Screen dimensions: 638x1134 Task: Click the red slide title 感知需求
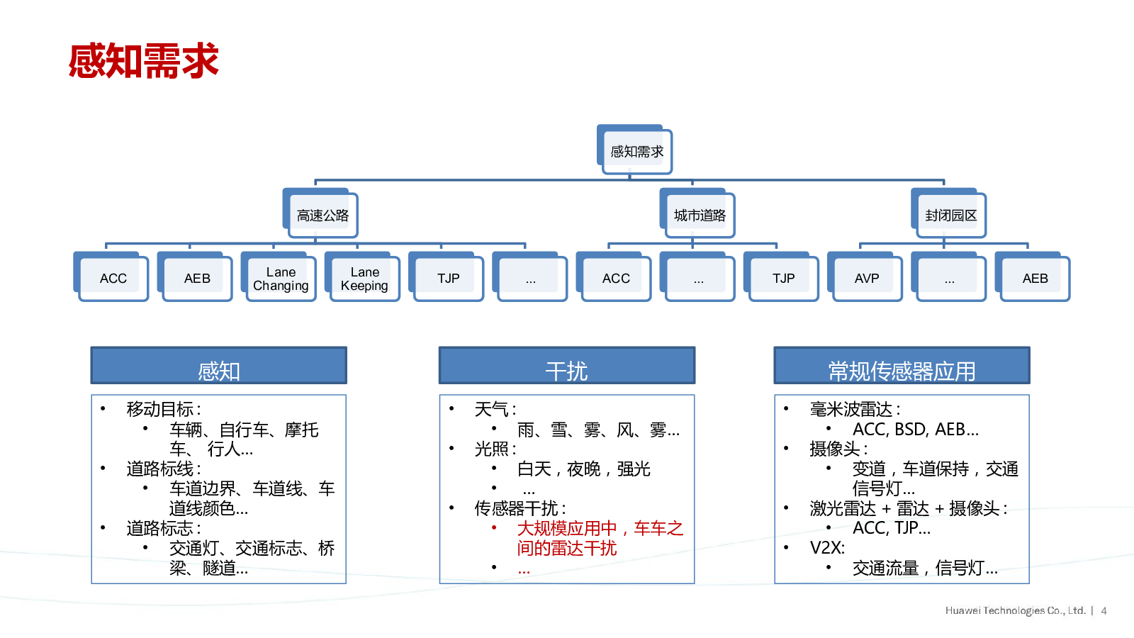(144, 61)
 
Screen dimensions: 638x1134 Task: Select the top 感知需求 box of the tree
(636, 151)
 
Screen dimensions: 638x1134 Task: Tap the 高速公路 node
(322, 215)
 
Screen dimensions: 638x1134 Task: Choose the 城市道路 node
(700, 215)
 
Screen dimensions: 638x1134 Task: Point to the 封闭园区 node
(950, 215)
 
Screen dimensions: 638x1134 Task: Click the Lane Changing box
(281, 279)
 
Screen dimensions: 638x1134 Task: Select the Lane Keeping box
(364, 279)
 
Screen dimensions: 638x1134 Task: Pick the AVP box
(866, 279)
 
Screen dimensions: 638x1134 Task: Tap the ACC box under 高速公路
(113, 279)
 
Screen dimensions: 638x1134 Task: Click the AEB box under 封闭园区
(1035, 279)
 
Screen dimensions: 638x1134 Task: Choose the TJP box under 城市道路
(783, 279)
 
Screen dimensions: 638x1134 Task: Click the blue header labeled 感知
(218, 366)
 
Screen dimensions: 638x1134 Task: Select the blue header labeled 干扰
(566, 366)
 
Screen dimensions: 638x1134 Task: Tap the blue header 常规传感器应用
(902, 366)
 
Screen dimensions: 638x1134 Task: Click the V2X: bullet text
(827, 548)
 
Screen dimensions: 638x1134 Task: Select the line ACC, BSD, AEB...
(915, 430)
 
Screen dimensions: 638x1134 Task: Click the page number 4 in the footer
(1104, 610)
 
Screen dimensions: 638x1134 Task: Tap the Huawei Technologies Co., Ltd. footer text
(1015, 610)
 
